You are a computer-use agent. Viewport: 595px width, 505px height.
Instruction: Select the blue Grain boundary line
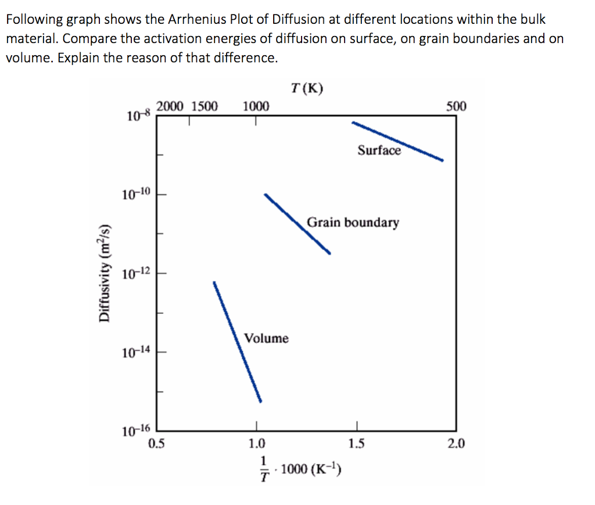click(297, 224)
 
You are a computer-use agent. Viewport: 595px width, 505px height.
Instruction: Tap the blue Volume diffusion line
click(237, 342)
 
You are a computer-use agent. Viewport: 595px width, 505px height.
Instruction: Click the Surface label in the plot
click(379, 151)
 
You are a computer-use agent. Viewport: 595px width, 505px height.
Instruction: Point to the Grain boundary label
click(353, 223)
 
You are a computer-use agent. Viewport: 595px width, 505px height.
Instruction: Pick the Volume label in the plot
click(266, 338)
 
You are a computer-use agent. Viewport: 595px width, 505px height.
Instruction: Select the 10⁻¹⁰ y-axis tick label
click(136, 194)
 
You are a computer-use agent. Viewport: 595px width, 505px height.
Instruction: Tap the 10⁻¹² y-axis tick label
click(136, 273)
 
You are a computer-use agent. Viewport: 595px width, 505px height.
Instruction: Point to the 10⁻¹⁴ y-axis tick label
click(136, 351)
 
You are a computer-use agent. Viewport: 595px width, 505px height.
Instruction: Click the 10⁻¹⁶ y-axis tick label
click(136, 431)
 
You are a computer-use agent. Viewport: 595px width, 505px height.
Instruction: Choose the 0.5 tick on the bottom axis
click(156, 445)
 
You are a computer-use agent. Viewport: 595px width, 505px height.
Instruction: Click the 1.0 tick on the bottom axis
click(256, 445)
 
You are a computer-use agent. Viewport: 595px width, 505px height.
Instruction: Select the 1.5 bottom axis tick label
click(356, 445)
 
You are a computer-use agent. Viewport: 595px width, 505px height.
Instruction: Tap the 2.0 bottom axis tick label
click(456, 445)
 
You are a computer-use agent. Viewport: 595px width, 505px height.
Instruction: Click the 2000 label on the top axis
click(170, 106)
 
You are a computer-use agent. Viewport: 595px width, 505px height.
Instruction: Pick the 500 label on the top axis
click(456, 106)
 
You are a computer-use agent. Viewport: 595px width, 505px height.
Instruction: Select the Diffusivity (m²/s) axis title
click(105, 271)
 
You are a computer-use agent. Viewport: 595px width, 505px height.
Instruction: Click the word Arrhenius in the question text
click(198, 19)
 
